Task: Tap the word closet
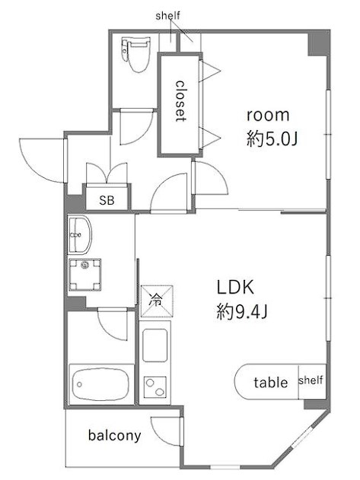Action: (180, 101)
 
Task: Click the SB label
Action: (107, 200)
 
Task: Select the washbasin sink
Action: (79, 234)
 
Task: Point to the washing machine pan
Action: (85, 275)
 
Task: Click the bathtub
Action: (101, 383)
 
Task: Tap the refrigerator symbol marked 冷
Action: (157, 301)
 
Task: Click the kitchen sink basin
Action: (155, 345)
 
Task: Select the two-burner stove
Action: (155, 387)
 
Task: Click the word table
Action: (271, 383)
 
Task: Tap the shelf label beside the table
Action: (311, 380)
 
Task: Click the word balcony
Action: (115, 435)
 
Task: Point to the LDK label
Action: (235, 287)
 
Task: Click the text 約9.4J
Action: (242, 312)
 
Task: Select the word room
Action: (268, 116)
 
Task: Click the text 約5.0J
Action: (272, 139)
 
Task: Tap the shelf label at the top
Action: (167, 16)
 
